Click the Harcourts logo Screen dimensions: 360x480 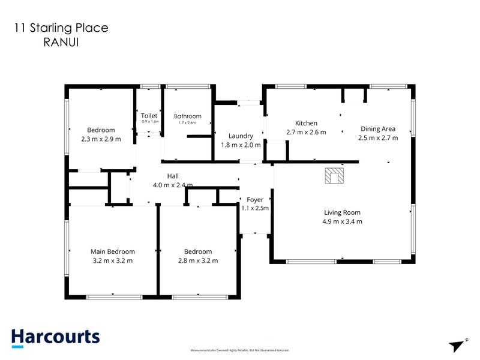[55, 337]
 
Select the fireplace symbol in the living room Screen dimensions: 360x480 [334, 175]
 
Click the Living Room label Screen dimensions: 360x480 [342, 212]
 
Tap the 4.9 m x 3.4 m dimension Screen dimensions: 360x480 [342, 221]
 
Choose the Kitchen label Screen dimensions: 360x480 [306, 123]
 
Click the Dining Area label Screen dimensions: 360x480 [377, 128]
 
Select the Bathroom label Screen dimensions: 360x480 [187, 116]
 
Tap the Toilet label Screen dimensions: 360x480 [149, 116]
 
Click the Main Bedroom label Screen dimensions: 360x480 [112, 251]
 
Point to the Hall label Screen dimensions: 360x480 [173, 176]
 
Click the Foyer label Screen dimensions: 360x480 [254, 199]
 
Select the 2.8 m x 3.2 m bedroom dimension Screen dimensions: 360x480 [198, 260]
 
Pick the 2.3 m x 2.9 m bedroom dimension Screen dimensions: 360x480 [101, 139]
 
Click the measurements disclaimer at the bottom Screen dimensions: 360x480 [240, 350]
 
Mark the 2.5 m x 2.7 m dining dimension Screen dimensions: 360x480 [377, 137]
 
